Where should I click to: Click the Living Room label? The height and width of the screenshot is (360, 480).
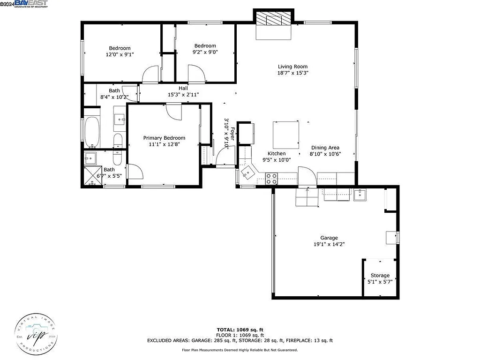[292, 67]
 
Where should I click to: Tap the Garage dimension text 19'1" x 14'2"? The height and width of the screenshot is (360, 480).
[329, 244]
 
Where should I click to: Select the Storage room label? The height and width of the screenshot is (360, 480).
[380, 276]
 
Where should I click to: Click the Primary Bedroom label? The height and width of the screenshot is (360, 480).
[164, 138]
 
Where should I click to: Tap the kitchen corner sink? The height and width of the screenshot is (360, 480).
[247, 175]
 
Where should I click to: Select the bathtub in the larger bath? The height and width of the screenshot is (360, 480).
[91, 132]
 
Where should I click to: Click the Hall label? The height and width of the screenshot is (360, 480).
[183, 88]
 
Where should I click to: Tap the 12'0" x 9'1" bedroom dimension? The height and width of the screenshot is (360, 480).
[120, 54]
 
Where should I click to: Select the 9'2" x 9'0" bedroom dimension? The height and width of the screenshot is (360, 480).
[205, 52]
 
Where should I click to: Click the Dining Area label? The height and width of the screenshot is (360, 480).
[325, 148]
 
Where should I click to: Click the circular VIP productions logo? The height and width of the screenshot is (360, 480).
[36, 334]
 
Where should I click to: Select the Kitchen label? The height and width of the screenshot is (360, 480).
[277, 154]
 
